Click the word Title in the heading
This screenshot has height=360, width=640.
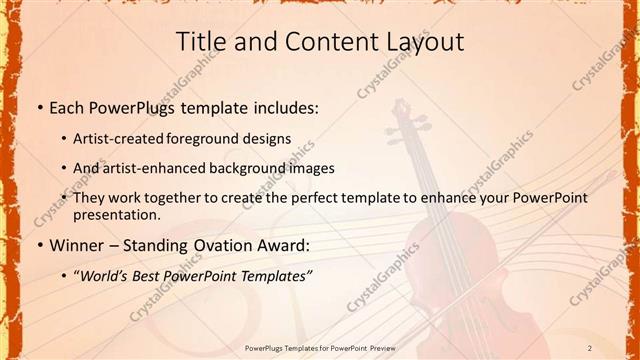[199, 41]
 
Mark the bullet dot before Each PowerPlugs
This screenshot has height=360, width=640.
[38, 108]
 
